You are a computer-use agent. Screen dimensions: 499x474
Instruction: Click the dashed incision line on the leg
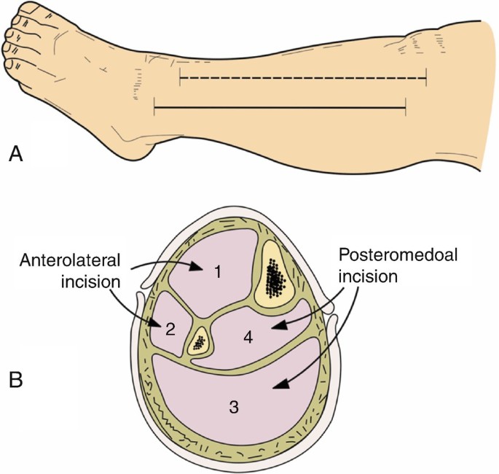[302, 77]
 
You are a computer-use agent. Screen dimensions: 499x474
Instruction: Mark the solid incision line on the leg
[280, 109]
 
